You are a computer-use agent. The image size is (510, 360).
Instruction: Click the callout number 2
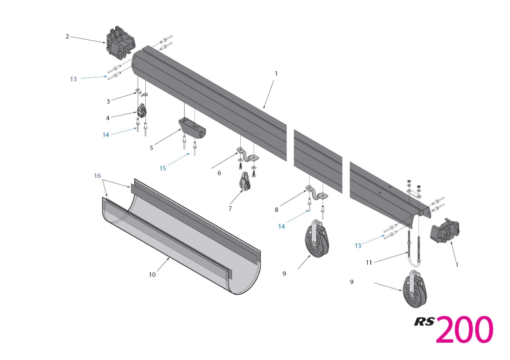click(67, 36)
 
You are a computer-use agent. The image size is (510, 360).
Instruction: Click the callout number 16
click(97, 176)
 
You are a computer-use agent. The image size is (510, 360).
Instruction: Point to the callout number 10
click(152, 275)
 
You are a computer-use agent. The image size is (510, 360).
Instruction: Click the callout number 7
click(230, 208)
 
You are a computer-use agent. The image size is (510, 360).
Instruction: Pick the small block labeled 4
click(142, 112)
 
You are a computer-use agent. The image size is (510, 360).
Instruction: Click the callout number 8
click(277, 209)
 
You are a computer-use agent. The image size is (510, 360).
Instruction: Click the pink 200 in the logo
click(464, 329)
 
